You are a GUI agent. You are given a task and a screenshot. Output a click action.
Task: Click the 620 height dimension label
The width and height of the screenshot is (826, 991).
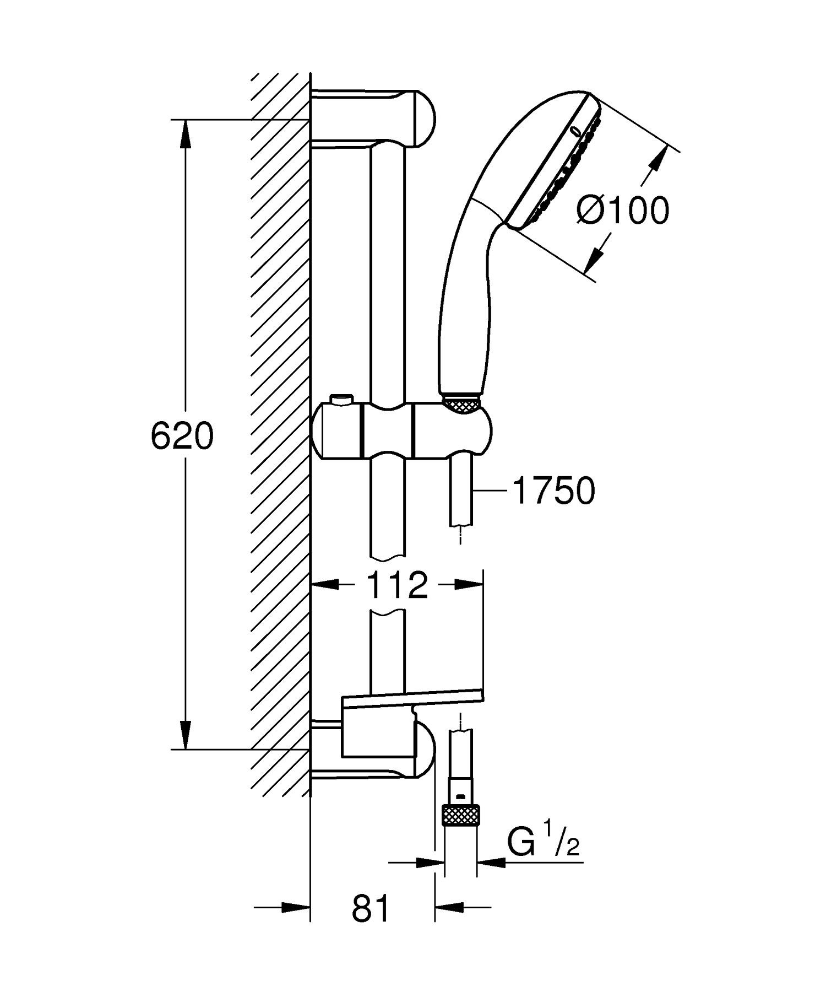(181, 437)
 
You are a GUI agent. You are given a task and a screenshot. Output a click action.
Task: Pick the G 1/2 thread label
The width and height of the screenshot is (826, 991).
(544, 843)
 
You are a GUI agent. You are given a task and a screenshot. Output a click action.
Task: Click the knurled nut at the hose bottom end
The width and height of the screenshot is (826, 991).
(461, 814)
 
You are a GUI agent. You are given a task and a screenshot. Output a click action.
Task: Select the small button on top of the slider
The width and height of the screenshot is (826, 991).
(341, 399)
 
